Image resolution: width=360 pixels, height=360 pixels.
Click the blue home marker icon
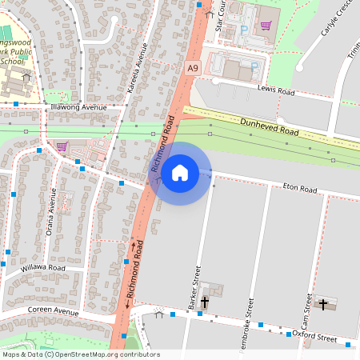coord(180,172)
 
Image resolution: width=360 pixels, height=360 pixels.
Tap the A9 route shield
coord(193,69)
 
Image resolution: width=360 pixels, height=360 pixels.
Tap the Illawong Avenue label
coord(78,107)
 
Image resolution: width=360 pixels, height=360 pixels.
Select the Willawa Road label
coord(42,267)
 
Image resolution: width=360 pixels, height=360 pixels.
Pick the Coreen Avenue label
coord(54,310)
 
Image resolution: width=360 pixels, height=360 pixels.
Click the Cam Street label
coord(308,310)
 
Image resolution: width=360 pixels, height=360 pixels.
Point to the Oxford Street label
coord(314,338)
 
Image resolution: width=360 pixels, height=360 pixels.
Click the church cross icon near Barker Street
coord(204,302)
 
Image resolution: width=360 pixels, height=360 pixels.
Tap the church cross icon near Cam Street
coord(324,305)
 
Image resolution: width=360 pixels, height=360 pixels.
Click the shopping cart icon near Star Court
coord(265,25)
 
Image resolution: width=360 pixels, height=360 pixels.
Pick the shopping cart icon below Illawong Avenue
coord(62,146)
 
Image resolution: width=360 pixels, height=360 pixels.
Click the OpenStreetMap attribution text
coord(81,354)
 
